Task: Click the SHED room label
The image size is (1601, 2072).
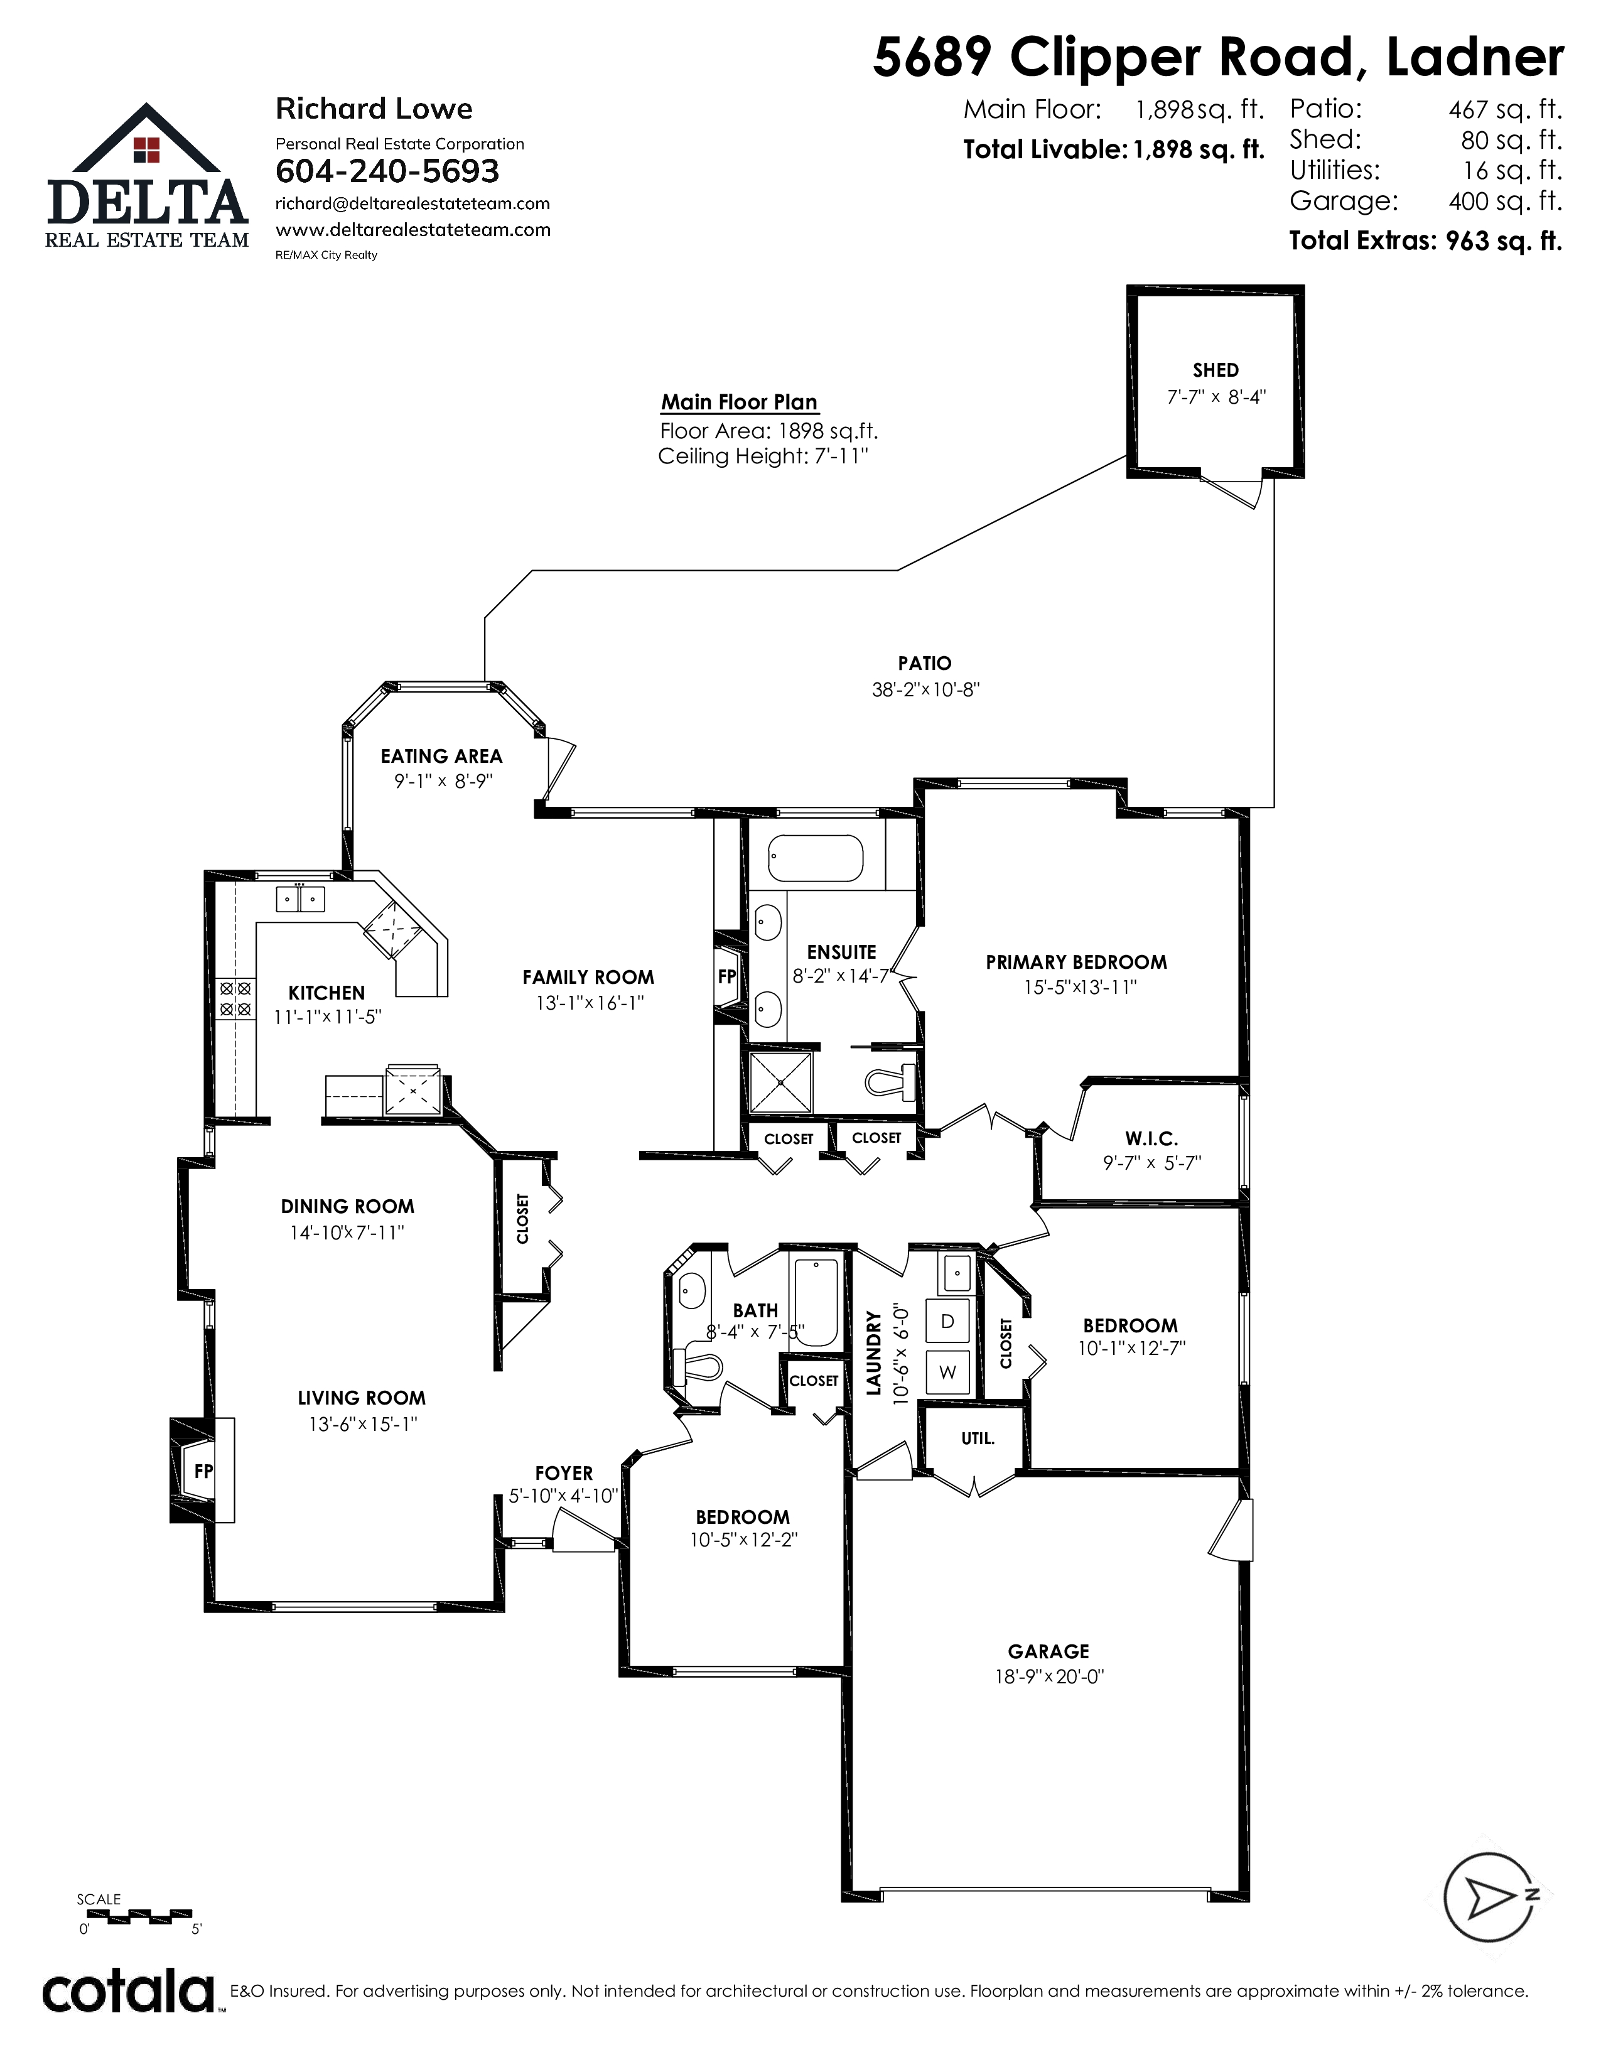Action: [x=1215, y=370]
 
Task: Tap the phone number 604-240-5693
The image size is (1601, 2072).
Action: [x=387, y=171]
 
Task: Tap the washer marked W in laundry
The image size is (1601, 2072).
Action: [x=947, y=1372]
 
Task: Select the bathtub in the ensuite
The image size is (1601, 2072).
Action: [x=816, y=858]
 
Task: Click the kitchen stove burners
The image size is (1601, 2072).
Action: [x=235, y=999]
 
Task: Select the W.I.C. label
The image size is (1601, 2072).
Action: [x=1151, y=1138]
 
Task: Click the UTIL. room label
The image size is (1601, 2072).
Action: [x=978, y=1438]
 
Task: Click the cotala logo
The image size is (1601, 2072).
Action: [x=128, y=1992]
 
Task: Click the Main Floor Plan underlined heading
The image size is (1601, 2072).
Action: [x=739, y=402]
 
